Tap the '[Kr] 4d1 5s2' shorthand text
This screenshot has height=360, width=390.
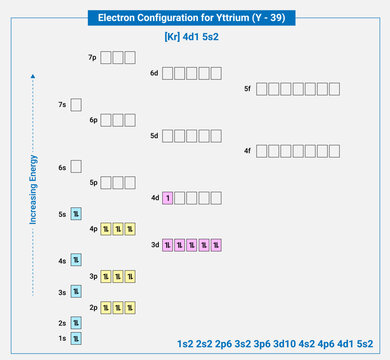coord(196,37)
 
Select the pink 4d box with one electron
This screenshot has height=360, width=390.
coord(167,197)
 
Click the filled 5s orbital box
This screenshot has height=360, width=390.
coord(76,213)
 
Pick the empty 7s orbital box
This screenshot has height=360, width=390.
coord(76,104)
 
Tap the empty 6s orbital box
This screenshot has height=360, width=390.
coord(76,167)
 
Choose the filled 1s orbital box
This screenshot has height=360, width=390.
coord(76,339)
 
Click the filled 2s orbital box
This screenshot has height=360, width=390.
coord(76,323)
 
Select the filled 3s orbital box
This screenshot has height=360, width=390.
coord(76,292)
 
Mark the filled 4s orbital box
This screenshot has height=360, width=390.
coord(76,260)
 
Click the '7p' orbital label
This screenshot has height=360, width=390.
coord(92,58)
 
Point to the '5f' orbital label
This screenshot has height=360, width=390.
coord(247,89)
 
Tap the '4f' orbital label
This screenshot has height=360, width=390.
coord(247,151)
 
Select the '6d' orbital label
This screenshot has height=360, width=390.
coord(154,73)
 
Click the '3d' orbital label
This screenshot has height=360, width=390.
coord(154,244)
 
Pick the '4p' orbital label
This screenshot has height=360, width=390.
coord(92,229)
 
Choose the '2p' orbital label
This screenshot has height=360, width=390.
coord(92,307)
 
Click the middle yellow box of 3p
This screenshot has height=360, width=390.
coord(117,276)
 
